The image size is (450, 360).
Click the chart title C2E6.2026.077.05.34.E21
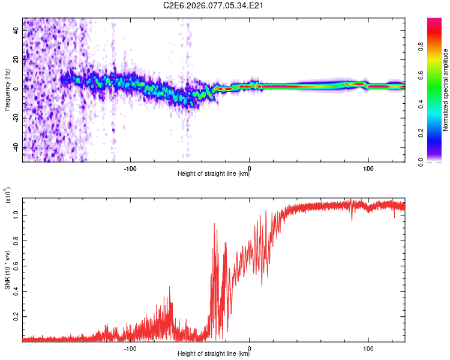(x=214, y=5)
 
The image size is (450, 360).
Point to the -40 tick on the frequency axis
(x=16, y=147)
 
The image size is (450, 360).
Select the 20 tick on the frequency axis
(x=16, y=59)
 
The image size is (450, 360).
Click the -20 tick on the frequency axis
(x=16, y=118)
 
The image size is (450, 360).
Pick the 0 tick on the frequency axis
(x=16, y=88)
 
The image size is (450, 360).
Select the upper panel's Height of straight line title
(x=214, y=174)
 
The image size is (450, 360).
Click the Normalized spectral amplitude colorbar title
(x=446, y=91)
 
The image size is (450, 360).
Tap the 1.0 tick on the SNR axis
(x=16, y=214)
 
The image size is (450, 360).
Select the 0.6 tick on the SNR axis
(x=16, y=265)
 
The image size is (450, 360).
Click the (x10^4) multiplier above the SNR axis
(x=8, y=196)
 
